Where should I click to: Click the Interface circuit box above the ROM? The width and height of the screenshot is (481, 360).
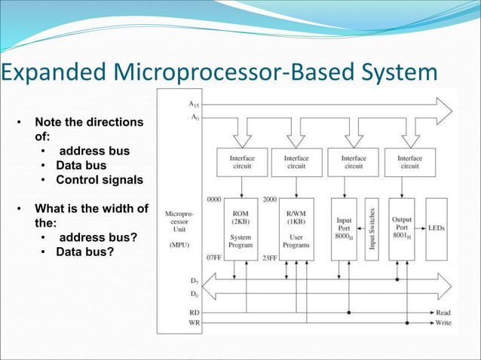[x=239, y=163]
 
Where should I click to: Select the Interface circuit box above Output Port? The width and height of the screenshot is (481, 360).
[x=409, y=163]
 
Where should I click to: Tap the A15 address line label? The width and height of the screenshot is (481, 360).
[x=195, y=105]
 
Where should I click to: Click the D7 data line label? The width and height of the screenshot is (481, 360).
[x=195, y=280]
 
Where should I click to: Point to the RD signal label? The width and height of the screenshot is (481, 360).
[x=195, y=311]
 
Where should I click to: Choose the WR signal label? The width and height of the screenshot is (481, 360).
[x=195, y=322]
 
